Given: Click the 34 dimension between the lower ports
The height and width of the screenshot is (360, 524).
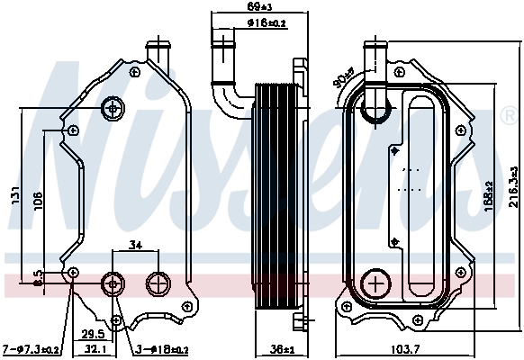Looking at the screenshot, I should coord(136,243).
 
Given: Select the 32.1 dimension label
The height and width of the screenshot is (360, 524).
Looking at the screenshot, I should coord(95,348).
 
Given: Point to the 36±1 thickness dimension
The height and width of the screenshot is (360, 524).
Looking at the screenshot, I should coord(281,349).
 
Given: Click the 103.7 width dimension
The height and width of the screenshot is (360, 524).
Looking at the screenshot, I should coord(420,349).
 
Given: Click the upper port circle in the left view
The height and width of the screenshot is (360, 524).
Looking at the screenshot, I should coord(113,108).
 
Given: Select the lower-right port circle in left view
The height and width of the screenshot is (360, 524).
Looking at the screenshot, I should coord(158,283).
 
